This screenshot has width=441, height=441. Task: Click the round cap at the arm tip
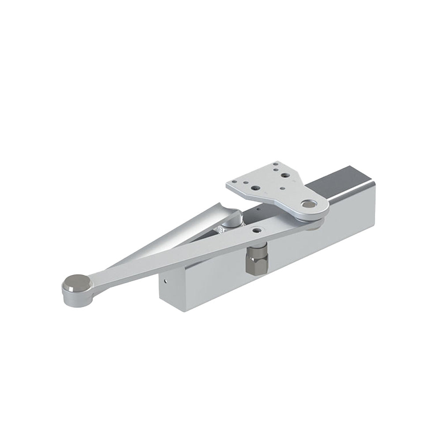tap(75, 280)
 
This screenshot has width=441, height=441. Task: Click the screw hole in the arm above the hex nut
tap(257, 230)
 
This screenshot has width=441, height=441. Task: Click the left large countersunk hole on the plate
tap(254, 188)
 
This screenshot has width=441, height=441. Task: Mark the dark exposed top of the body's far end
tap(337, 181)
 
